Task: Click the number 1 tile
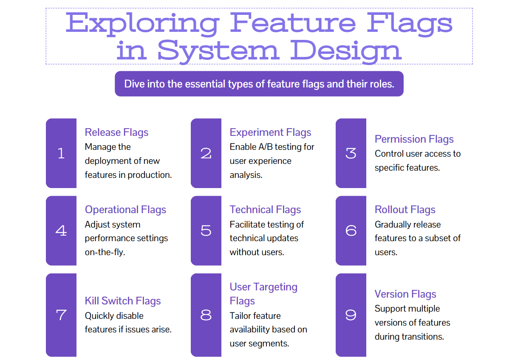tap(61, 153)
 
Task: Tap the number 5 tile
tap(206, 231)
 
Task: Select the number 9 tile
tap(351, 315)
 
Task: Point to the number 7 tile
tap(61, 315)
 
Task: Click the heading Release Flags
tap(116, 132)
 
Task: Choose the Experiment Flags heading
tap(270, 132)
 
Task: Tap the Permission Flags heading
tap(414, 139)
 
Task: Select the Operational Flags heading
tap(125, 210)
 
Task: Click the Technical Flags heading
tap(265, 210)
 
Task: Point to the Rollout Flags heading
tap(405, 210)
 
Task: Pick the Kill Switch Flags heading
tap(123, 301)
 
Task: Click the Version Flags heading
tap(405, 294)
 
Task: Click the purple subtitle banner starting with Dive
tap(259, 84)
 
